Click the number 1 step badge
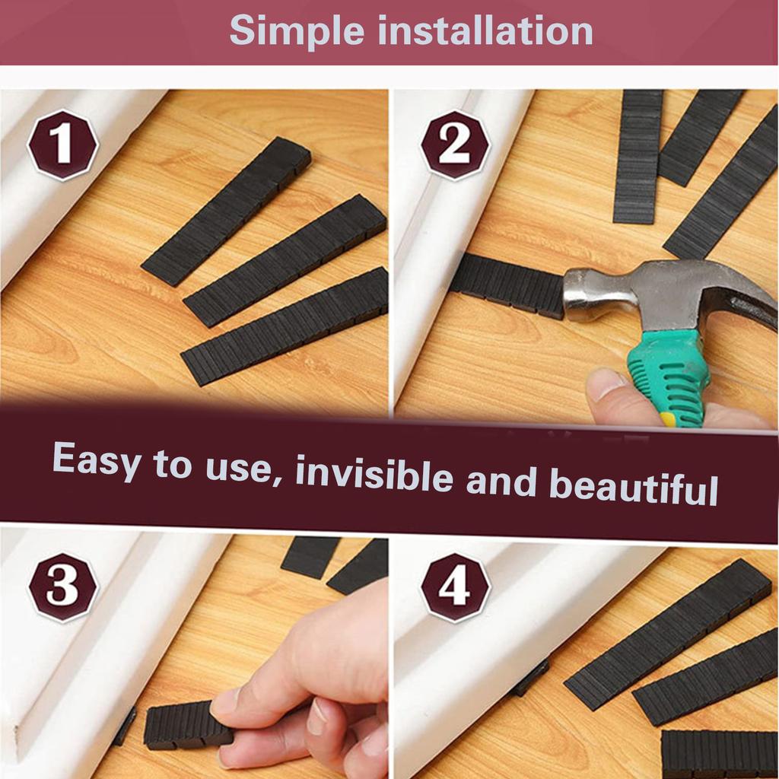(x=62, y=145)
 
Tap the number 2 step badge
(x=455, y=145)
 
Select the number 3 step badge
(x=62, y=587)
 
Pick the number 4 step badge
(x=455, y=587)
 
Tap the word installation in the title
(x=485, y=30)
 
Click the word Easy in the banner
(x=97, y=460)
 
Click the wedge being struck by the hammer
(x=507, y=285)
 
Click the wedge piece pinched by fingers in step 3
(x=186, y=724)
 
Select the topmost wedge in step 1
(x=226, y=211)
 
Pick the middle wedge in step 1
(x=285, y=261)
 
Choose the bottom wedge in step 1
(x=285, y=327)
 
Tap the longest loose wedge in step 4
(x=668, y=628)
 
